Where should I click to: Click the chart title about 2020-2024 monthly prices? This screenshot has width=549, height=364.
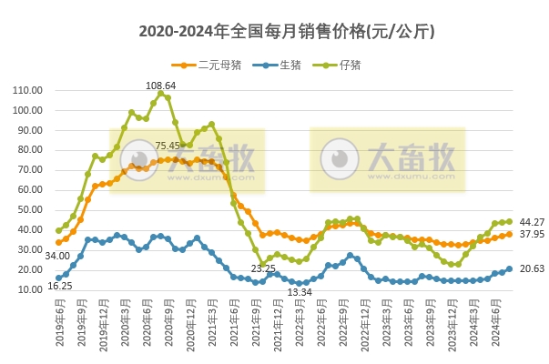pyautogui.click(x=274, y=31)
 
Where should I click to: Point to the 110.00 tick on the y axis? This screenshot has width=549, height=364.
pyautogui.click(x=28, y=90)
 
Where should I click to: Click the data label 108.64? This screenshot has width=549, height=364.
pyautogui.click(x=160, y=84)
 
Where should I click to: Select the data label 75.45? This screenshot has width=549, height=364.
pyautogui.click(x=168, y=146)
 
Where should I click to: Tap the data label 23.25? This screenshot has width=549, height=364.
pyautogui.click(x=264, y=269)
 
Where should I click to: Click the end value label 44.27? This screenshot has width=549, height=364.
pyautogui.click(x=532, y=222)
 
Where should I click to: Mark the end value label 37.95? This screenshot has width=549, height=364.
pyautogui.click(x=532, y=235)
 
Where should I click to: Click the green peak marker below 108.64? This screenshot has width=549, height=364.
pyautogui.click(x=160, y=93)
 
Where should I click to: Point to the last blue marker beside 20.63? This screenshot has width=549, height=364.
pyautogui.click(x=509, y=268)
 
